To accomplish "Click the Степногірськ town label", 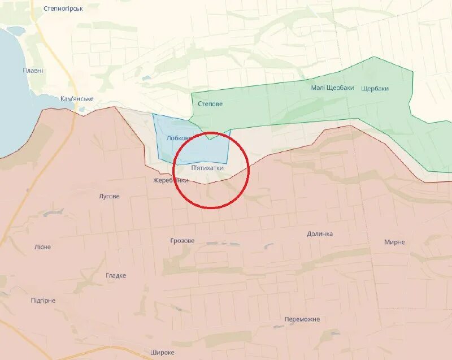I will pyautogui.click(x=63, y=8).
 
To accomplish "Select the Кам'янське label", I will pyautogui.click(x=77, y=99).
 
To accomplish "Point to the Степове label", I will pyautogui.click(x=210, y=104).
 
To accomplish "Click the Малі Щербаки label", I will pyautogui.click(x=332, y=88).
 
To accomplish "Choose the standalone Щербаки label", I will pyautogui.click(x=374, y=88).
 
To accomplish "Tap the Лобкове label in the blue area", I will pyautogui.click(x=177, y=138).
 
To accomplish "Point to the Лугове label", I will pyautogui.click(x=109, y=197).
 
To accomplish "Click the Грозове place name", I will pyautogui.click(x=182, y=241).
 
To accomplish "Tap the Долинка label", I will pyautogui.click(x=320, y=234).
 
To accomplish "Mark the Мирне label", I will pyautogui.click(x=394, y=242).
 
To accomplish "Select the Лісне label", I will pyautogui.click(x=42, y=248).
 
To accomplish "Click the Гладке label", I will pyautogui.click(x=116, y=276).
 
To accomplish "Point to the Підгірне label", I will pyautogui.click(x=43, y=301).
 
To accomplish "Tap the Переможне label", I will pyautogui.click(x=302, y=319).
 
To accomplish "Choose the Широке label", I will pyautogui.click(x=162, y=353).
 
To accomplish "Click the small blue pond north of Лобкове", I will pyautogui.click(x=146, y=79).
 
